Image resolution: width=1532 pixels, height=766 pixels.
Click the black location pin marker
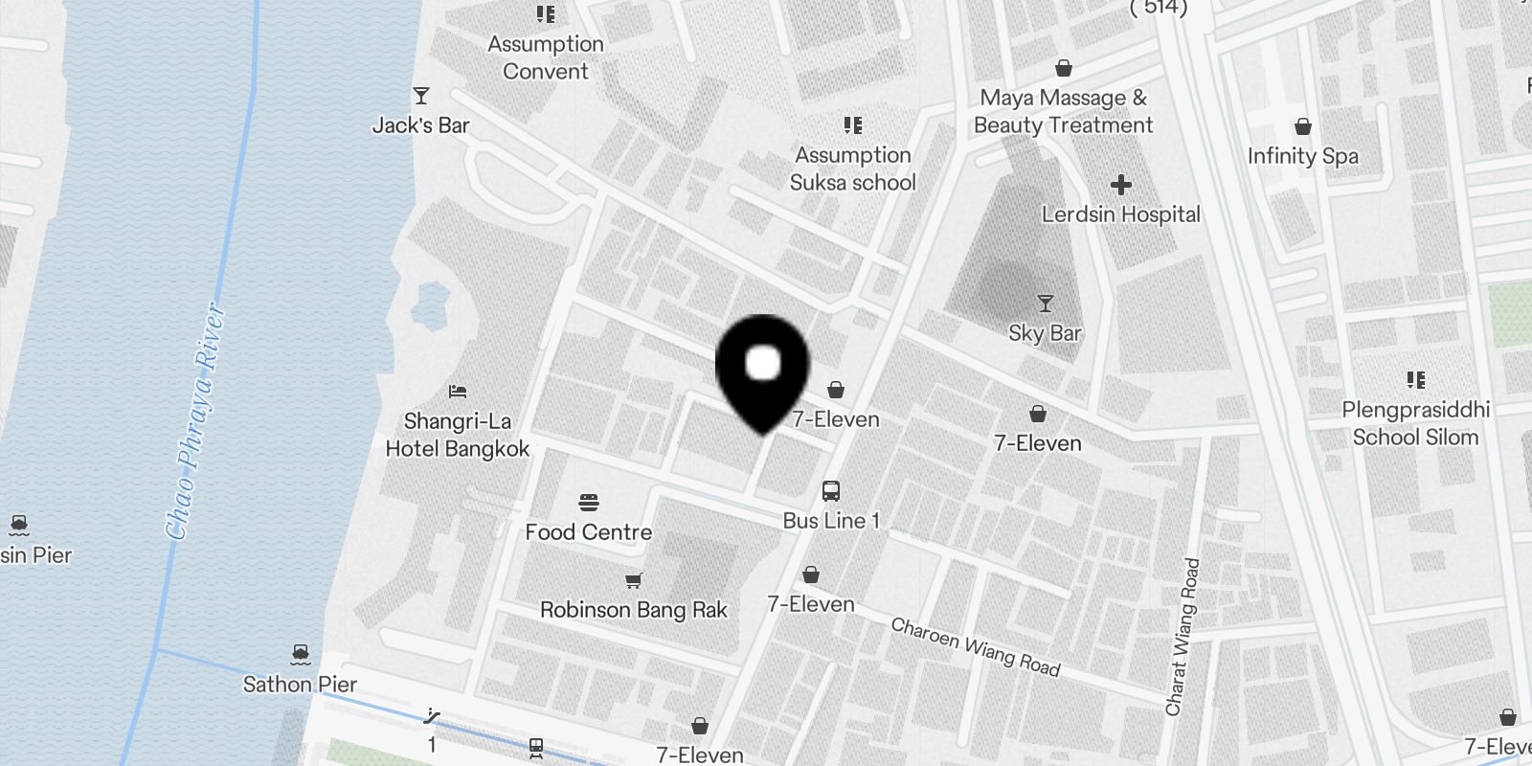point(763,369)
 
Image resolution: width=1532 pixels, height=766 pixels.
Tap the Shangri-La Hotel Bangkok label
point(457,436)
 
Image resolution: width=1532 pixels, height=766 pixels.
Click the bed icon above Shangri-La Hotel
point(458,391)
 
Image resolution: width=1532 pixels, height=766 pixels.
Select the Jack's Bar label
point(420,125)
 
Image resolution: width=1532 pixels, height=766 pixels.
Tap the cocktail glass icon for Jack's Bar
point(420,95)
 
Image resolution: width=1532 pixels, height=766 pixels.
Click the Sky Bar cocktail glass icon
point(1045,304)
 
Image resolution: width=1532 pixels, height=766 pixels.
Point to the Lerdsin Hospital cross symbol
point(1120,184)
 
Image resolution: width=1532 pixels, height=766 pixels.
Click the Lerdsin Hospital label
point(1120,214)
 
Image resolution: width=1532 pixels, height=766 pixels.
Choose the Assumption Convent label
point(546,57)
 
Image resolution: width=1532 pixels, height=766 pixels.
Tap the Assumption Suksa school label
point(852,169)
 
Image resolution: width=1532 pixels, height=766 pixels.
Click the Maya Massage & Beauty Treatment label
point(1063,111)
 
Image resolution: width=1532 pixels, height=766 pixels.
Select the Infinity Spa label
point(1302,156)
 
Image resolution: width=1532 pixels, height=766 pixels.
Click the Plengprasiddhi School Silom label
point(1415,423)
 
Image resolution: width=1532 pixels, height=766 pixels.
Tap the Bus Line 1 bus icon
point(831,491)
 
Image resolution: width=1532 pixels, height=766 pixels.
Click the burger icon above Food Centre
point(589,503)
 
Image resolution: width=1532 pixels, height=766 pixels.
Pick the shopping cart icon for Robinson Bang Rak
point(633,579)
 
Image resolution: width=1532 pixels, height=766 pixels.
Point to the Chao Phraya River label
point(196,421)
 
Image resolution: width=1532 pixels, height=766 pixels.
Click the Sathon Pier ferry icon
point(301,655)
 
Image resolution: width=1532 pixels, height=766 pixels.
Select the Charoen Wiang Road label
point(975,647)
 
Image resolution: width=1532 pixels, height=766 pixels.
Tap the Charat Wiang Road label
point(1182,637)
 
